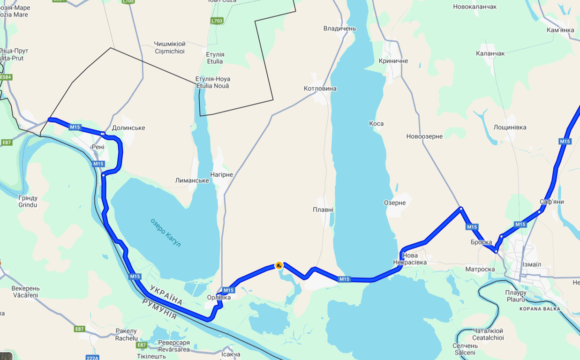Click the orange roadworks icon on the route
tap(279, 266)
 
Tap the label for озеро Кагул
tap(166, 233)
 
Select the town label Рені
tap(98, 147)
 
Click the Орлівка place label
tap(218, 297)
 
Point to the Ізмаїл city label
tap(532, 264)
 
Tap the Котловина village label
tap(320, 89)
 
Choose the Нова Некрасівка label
tap(410, 259)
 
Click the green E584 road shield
tap(6, 77)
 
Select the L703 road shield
tap(217, 21)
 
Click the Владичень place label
tap(339, 29)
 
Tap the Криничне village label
tap(393, 61)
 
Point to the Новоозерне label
tap(424, 136)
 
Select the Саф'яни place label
tap(552, 202)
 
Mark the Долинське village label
tap(128, 128)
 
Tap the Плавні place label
tap(323, 210)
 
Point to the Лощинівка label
tap(510, 127)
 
